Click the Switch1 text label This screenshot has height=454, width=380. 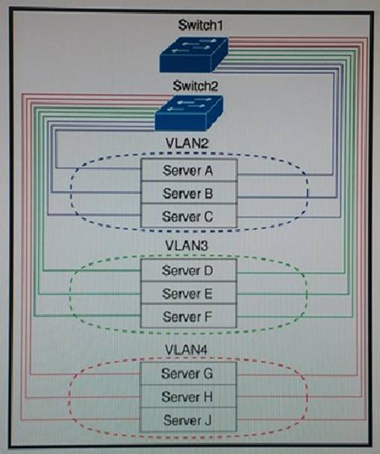point(200,25)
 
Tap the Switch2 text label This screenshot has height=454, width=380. point(196,86)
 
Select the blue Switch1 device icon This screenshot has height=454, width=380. point(193,54)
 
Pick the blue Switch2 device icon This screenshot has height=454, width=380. point(189,113)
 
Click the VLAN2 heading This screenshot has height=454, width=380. point(187,143)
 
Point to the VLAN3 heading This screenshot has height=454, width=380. point(187,245)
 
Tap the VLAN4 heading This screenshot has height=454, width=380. point(187,350)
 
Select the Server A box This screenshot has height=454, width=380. point(189,170)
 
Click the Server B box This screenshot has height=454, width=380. point(189,193)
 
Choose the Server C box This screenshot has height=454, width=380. point(189,215)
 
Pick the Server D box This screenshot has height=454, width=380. point(189,270)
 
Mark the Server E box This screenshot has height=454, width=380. point(189,293)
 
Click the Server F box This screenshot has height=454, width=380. point(189,316)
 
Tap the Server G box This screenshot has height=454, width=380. point(188,373)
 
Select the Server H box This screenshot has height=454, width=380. point(188,396)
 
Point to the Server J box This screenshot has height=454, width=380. point(188,420)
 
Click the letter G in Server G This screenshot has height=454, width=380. point(208,373)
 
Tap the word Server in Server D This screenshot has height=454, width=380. point(181,271)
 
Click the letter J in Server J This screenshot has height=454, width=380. point(208,420)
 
